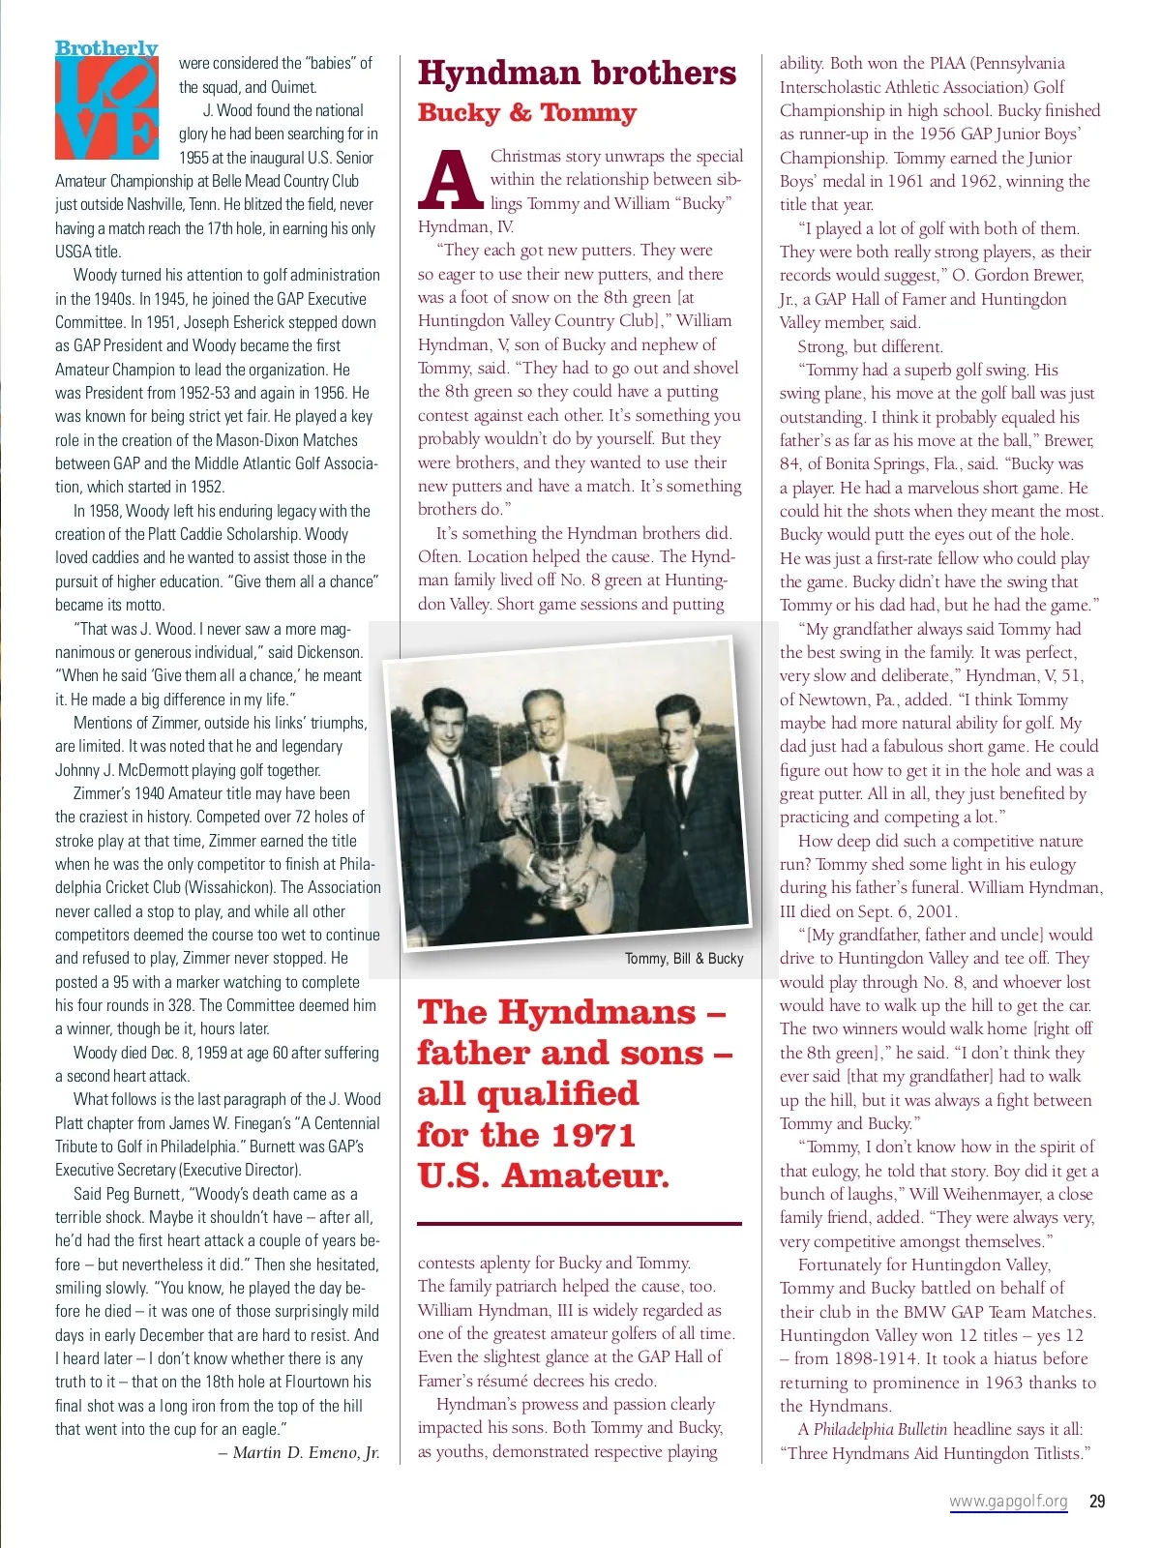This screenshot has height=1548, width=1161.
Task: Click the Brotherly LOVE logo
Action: coord(106,101)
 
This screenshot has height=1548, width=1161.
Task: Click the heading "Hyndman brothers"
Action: coord(577,74)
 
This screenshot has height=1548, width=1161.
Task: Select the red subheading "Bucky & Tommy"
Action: coord(526,113)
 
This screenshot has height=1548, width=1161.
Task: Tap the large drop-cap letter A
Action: coord(450,180)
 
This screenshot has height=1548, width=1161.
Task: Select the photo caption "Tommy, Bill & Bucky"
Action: coord(684,958)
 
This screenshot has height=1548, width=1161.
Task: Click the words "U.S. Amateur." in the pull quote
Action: coord(543,1176)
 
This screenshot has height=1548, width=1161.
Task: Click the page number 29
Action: coord(1097,1501)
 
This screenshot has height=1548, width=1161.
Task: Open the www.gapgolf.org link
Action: coord(1008,1502)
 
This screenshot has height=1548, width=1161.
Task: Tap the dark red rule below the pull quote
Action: coord(580,1224)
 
